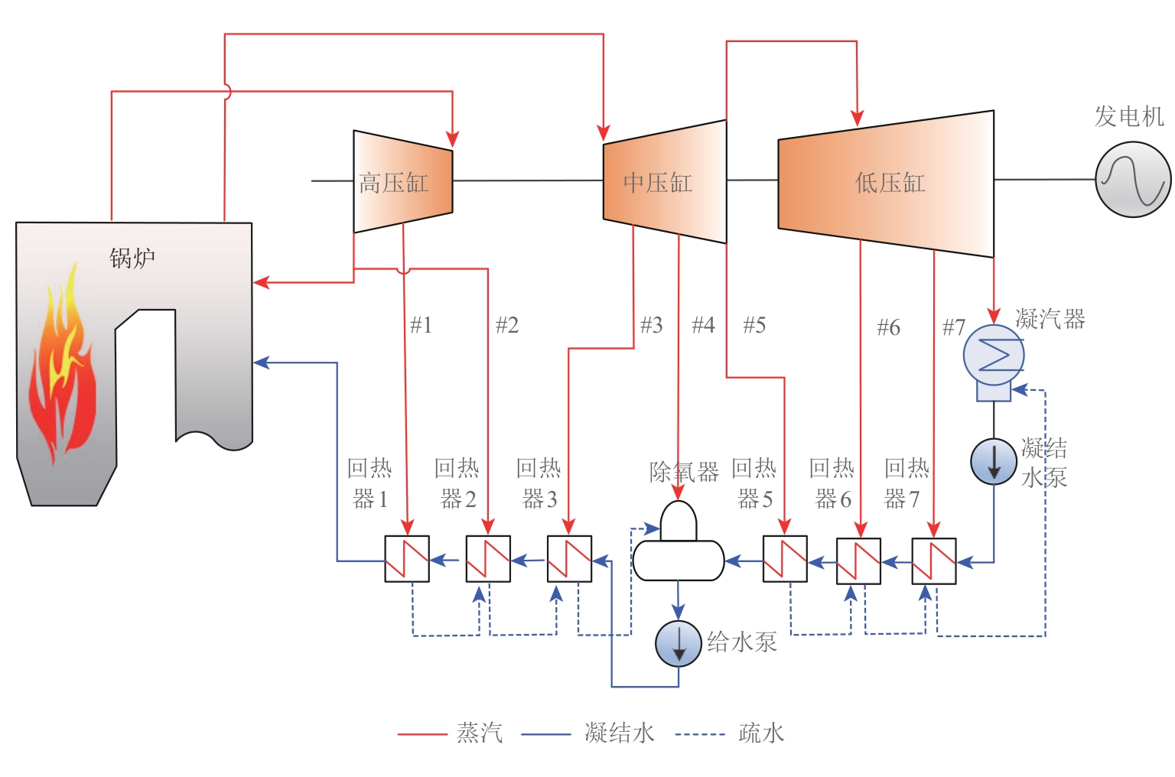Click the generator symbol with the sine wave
click(x=1133, y=179)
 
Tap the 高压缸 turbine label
click(x=393, y=183)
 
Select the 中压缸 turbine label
click(x=657, y=183)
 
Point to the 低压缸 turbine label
click(x=890, y=183)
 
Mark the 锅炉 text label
click(x=132, y=258)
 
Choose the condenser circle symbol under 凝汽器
click(x=993, y=355)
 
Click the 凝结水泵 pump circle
click(x=993, y=461)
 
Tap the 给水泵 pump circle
click(x=678, y=643)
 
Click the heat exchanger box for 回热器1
click(x=407, y=559)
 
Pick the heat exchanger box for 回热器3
click(x=569, y=559)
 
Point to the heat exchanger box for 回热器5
click(x=785, y=559)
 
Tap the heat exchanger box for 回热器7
click(x=933, y=561)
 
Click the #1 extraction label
click(x=422, y=325)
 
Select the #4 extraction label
click(x=703, y=325)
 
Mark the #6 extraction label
click(x=888, y=327)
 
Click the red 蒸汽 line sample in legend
click(x=422, y=734)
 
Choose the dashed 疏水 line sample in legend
click(x=700, y=734)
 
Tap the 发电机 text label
click(x=1128, y=117)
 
